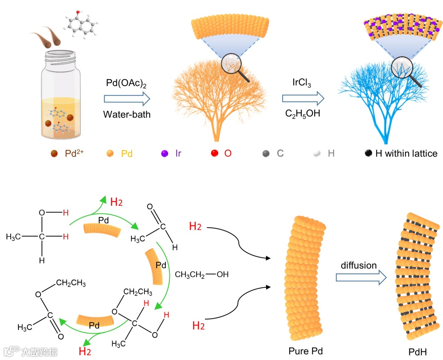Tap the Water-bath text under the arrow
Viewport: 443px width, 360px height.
(127, 114)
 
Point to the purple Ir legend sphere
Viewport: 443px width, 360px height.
(164, 154)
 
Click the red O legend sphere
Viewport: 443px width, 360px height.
(214, 154)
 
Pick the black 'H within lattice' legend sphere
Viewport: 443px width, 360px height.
(368, 154)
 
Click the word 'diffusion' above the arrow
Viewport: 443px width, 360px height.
(359, 265)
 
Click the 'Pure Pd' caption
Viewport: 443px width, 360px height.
(306, 351)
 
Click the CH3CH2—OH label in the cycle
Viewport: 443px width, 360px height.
(202, 274)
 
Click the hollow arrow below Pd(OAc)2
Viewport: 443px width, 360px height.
(127, 98)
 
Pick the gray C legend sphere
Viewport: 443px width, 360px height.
(266, 154)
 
